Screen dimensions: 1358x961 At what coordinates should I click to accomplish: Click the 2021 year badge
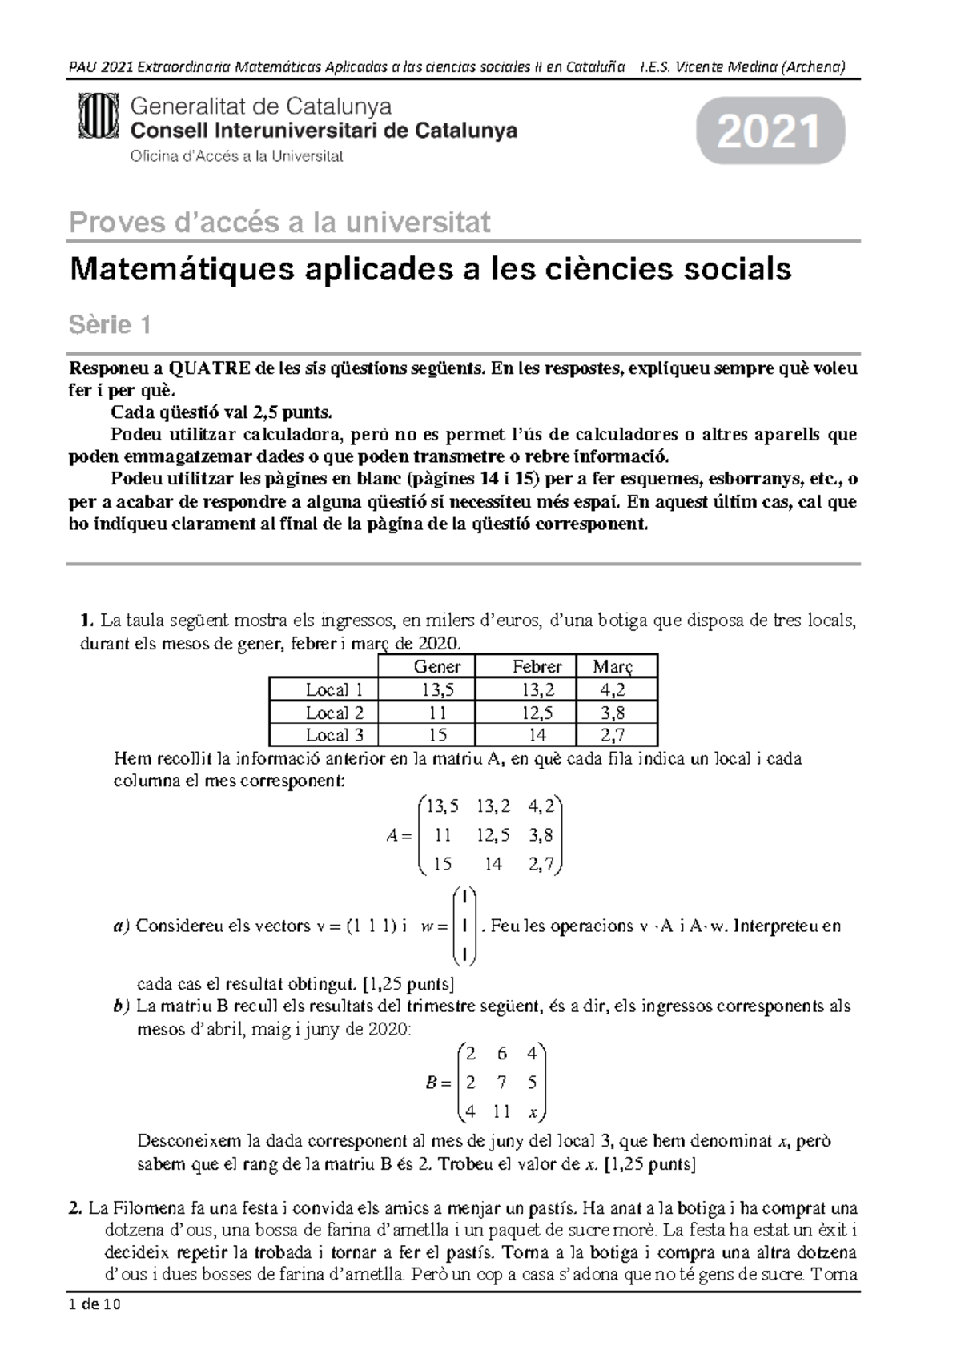tap(770, 131)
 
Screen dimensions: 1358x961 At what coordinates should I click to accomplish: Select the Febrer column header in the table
tap(537, 666)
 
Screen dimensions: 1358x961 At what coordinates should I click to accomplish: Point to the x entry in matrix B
tap(533, 1112)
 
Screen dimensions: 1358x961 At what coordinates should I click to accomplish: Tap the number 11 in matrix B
tap(501, 1112)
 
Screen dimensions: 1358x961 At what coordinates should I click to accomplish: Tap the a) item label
tap(121, 926)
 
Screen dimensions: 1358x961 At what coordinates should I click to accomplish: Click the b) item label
tap(122, 1006)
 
